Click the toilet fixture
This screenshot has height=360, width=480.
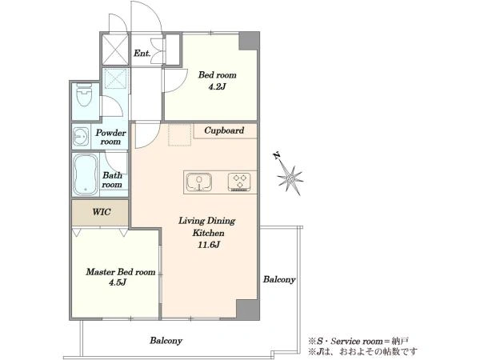[84, 94]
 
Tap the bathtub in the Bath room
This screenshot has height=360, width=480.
[86, 174]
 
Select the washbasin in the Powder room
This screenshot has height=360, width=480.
[81, 136]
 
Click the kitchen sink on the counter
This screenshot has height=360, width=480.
[199, 182]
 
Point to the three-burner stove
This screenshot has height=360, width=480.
[239, 182]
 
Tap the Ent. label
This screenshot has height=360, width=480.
[142, 54]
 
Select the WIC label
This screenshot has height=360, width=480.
[102, 212]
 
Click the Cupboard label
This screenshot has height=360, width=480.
[224, 130]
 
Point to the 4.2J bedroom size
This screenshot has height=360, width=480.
[217, 87]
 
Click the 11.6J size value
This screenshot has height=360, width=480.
[209, 245]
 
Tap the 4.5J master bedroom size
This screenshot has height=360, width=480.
[118, 282]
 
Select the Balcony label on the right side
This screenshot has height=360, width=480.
[279, 279]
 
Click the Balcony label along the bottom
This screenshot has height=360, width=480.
[166, 341]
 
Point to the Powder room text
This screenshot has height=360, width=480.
[110, 137]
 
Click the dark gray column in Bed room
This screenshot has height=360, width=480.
[249, 41]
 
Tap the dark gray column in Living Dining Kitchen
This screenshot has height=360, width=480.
[247, 310]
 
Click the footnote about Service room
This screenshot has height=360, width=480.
[358, 341]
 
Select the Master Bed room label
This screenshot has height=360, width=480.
[121, 272]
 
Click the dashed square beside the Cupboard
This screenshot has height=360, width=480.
[180, 134]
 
